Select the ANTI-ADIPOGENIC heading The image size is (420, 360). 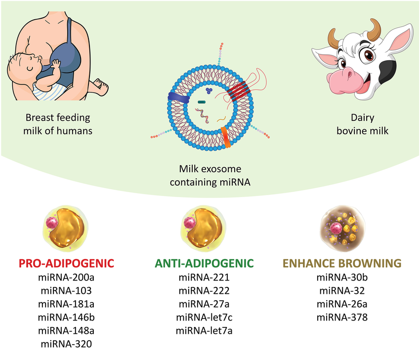tap(204, 263)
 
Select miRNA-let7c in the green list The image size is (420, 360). tap(204, 318)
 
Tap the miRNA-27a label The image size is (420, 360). tap(204, 304)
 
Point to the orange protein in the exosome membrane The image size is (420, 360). tap(226, 137)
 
